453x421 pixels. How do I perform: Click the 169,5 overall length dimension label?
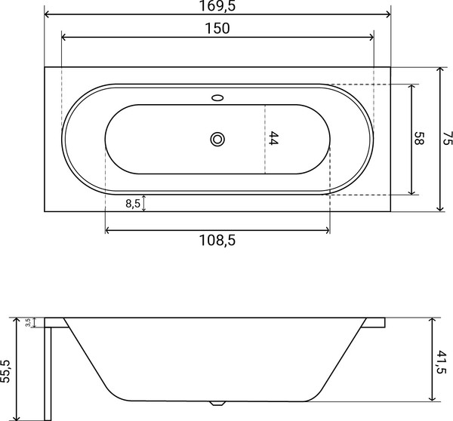(217, 7)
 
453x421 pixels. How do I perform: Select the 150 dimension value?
(217, 29)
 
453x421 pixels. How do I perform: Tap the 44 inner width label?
(274, 139)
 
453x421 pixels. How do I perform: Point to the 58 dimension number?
(420, 139)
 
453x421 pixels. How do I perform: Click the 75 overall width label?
(447, 138)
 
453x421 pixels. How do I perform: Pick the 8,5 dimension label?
(131, 203)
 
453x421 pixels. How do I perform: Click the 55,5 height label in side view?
(6, 370)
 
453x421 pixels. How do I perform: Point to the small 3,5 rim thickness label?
(28, 322)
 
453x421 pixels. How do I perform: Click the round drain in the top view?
(218, 139)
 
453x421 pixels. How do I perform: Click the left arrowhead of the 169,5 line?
(48, 14)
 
